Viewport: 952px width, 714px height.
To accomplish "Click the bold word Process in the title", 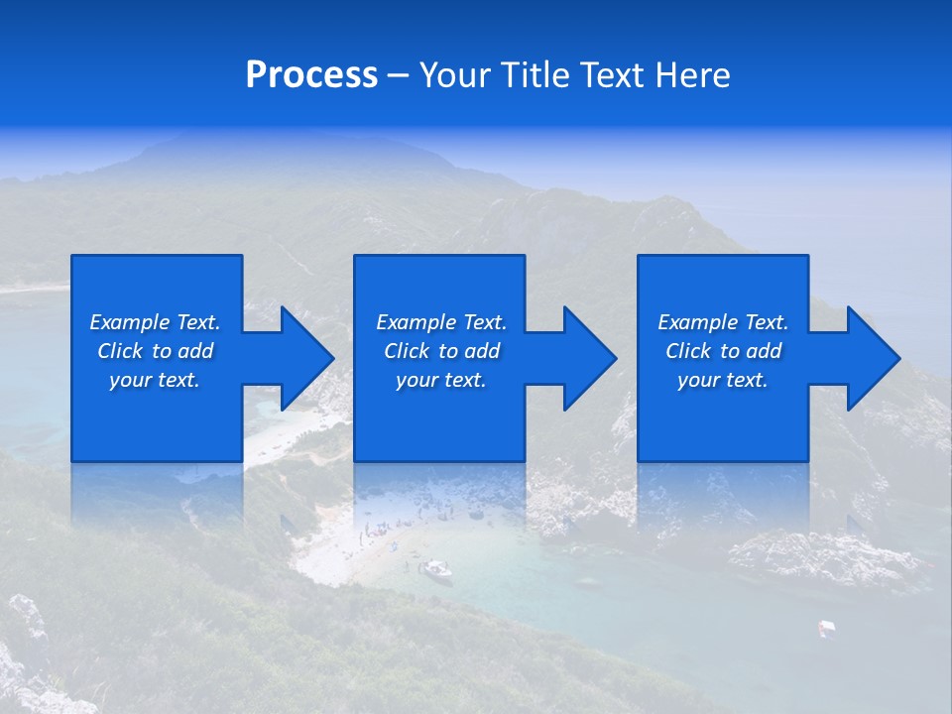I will [x=311, y=75].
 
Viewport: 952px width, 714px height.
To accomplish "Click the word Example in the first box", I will [x=129, y=322].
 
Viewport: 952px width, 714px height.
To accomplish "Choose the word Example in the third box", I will [x=697, y=322].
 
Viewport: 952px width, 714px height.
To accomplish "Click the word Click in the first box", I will [x=120, y=351].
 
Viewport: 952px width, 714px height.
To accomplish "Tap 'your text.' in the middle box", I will [x=440, y=380].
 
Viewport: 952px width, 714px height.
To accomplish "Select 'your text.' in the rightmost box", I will [x=722, y=380].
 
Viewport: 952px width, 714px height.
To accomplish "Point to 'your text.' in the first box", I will [x=154, y=380].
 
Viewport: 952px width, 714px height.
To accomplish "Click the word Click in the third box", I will [x=688, y=351].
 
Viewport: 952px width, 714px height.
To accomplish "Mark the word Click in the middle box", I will [x=407, y=351].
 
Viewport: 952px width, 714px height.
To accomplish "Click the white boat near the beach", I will [x=435, y=569].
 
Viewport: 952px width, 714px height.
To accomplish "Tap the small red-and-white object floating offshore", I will [x=825, y=627].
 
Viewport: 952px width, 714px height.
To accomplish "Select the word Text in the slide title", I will [x=604, y=75].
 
